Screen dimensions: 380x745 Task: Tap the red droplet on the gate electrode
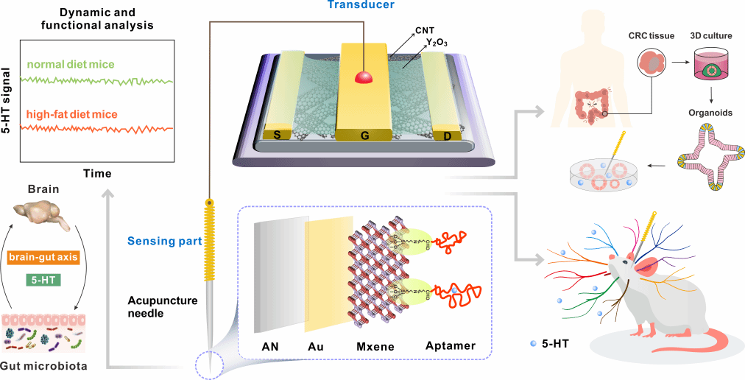[x=362, y=77]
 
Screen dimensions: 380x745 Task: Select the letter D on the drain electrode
[x=445, y=136]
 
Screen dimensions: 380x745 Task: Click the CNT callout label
[x=424, y=30]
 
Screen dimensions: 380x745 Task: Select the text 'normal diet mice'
[x=71, y=65]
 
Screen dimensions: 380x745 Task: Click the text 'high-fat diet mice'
[x=71, y=115]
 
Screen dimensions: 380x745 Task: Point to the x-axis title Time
[x=97, y=174]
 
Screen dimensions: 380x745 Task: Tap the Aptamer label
[x=451, y=345]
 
